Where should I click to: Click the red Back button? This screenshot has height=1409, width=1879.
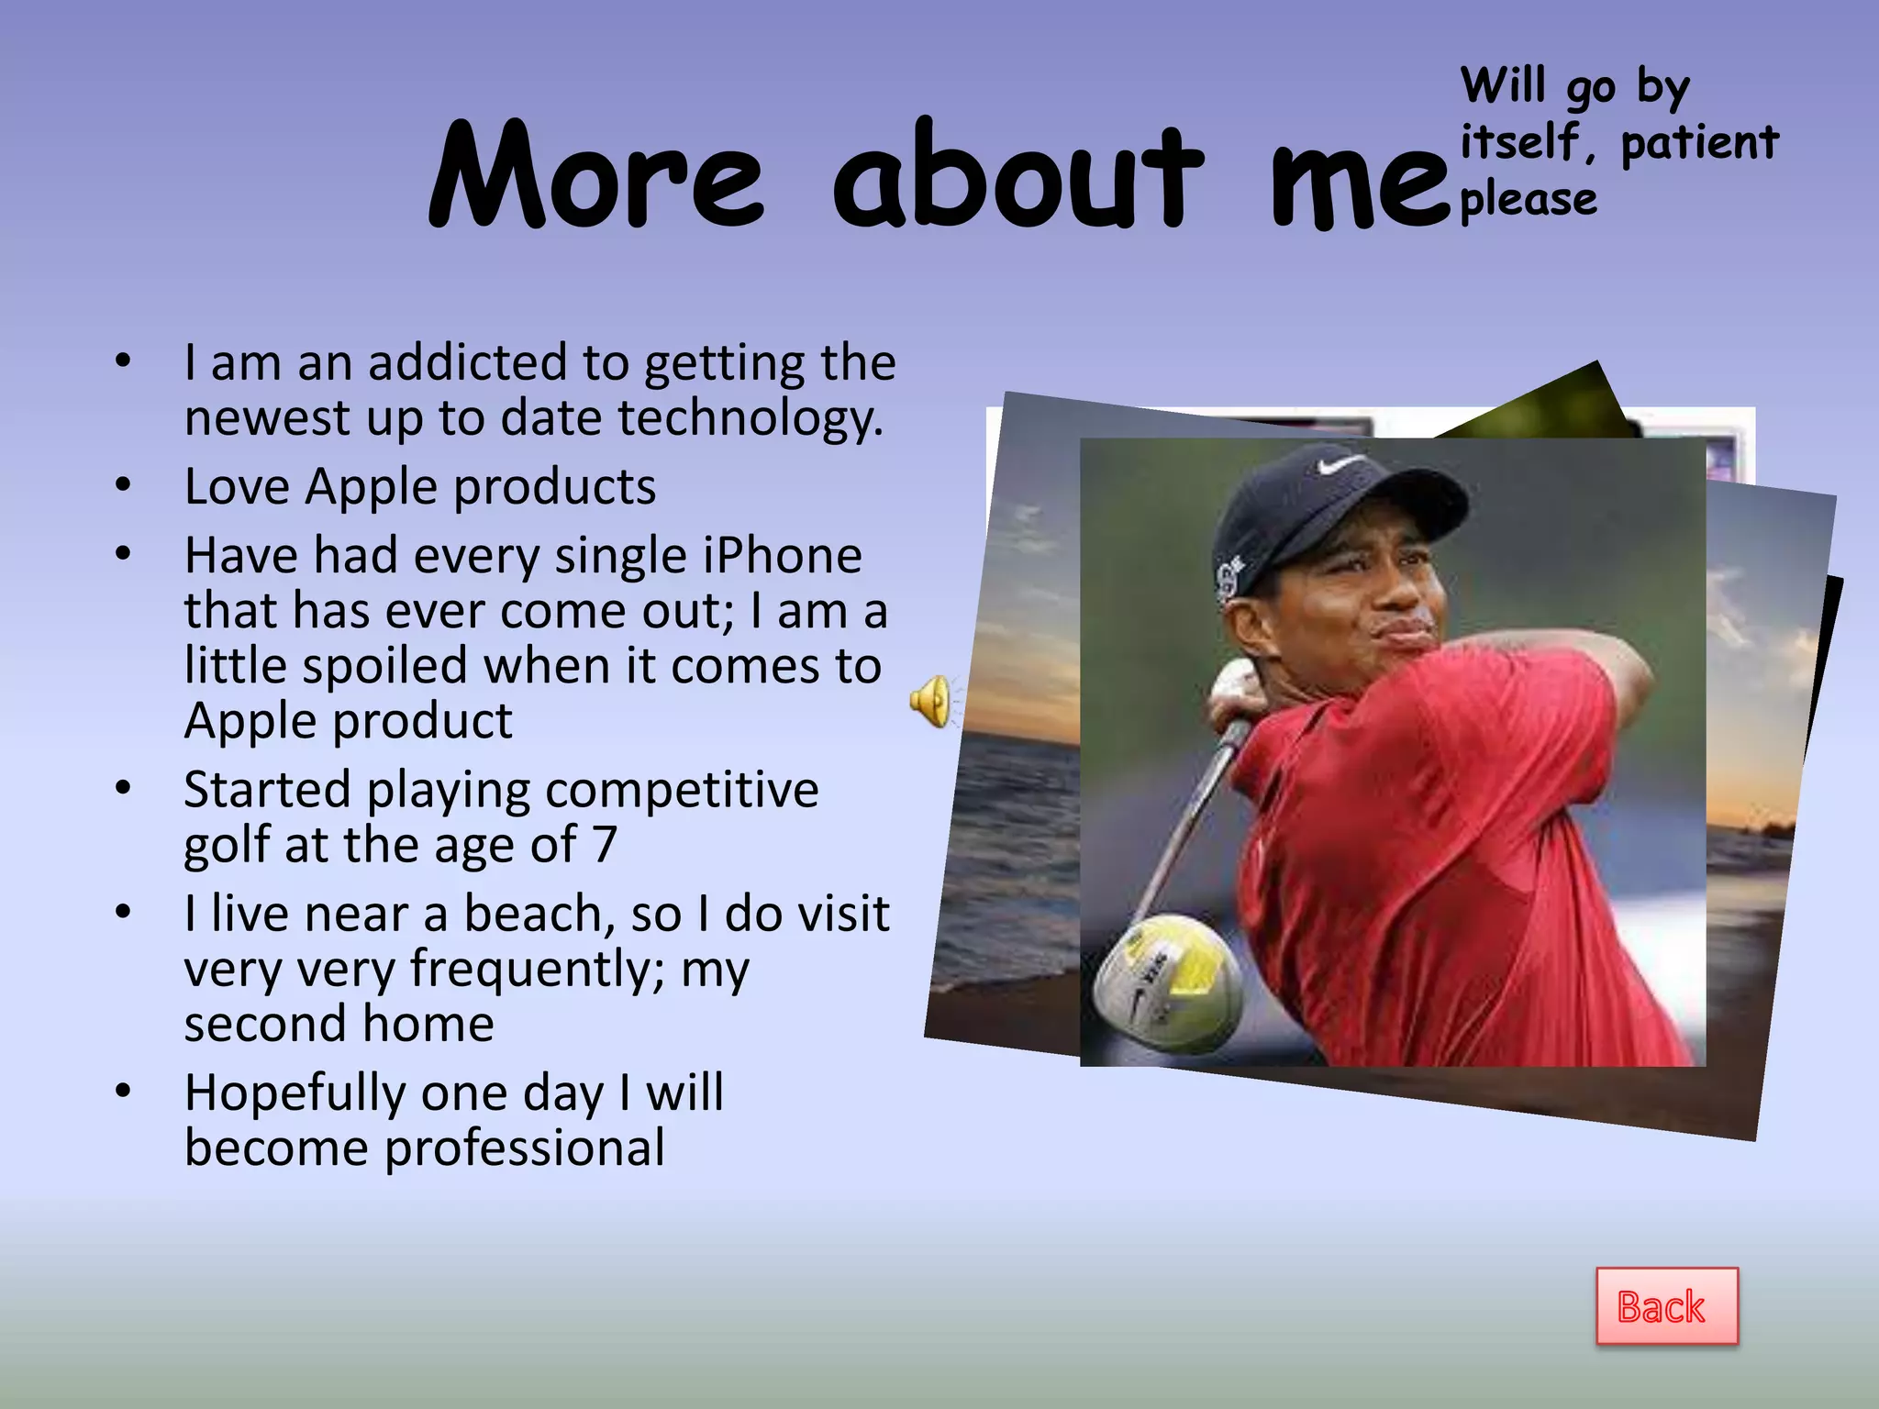1666,1306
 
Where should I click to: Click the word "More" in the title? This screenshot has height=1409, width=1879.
596,176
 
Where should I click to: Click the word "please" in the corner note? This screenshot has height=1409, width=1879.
1529,199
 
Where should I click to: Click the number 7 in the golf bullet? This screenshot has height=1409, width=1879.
604,844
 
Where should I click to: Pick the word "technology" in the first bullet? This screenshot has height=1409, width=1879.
750,418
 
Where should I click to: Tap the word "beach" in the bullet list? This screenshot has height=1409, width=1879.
538,914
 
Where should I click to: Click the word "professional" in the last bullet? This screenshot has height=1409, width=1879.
525,1148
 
